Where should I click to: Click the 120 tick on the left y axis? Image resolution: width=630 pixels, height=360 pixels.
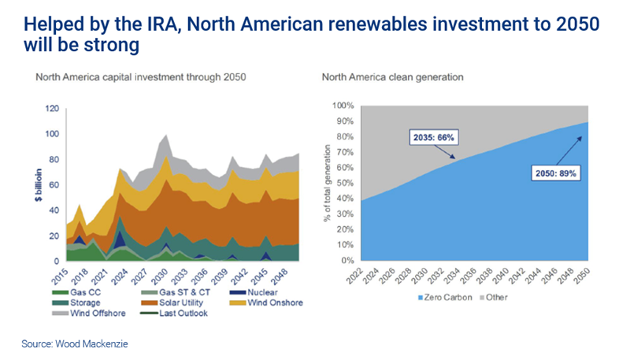[53, 107]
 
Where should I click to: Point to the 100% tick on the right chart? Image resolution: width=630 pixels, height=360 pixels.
[345, 105]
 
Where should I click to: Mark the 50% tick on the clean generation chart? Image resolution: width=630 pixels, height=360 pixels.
[346, 183]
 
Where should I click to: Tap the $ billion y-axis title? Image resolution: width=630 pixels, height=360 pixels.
[37, 185]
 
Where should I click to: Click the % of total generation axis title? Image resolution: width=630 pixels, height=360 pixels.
[325, 183]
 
